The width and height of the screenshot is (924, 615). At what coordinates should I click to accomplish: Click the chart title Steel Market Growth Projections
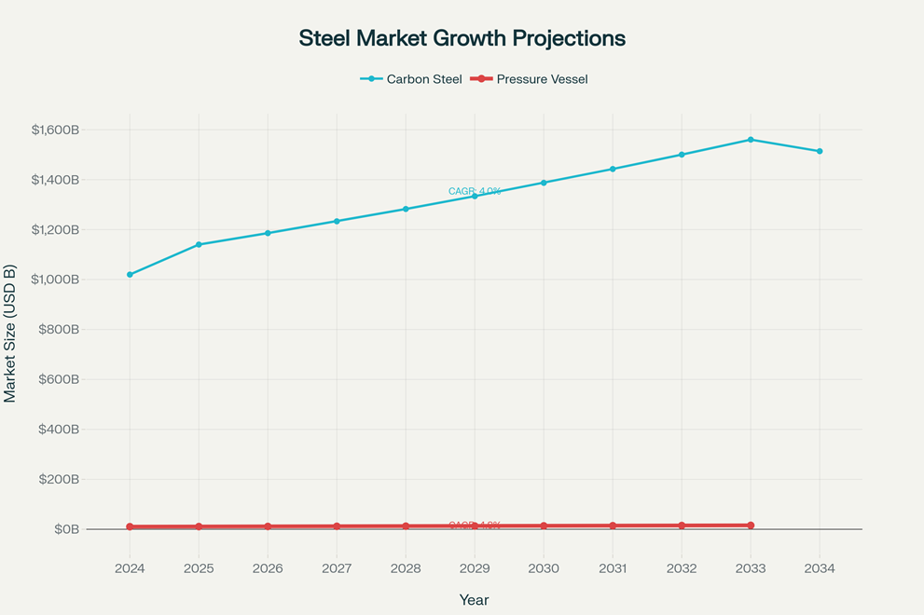(x=462, y=38)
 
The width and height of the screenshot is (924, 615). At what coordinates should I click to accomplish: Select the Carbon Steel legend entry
(x=411, y=79)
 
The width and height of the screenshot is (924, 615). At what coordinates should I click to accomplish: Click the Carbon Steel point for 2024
(x=130, y=275)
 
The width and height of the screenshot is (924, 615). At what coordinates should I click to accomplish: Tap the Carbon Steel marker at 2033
(x=751, y=140)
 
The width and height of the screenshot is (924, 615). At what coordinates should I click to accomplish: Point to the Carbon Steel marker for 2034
(x=820, y=151)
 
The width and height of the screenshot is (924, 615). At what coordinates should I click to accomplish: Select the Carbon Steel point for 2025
(x=199, y=244)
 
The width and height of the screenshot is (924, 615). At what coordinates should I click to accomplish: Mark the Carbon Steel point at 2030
(x=544, y=183)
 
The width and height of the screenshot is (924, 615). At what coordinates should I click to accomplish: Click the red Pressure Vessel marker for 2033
(x=751, y=526)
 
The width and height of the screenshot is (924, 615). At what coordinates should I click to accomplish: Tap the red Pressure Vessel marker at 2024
(x=130, y=526)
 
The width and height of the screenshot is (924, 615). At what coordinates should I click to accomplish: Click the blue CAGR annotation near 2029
(x=475, y=191)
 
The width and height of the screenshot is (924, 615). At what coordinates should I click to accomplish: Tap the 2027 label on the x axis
(x=337, y=568)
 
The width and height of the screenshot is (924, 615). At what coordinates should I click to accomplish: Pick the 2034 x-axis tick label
(x=820, y=568)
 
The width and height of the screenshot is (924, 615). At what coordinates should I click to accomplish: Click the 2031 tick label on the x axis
(x=613, y=568)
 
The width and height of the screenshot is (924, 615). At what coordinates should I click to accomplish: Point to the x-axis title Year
(x=474, y=600)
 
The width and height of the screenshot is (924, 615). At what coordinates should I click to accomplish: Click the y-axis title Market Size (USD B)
(x=10, y=334)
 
